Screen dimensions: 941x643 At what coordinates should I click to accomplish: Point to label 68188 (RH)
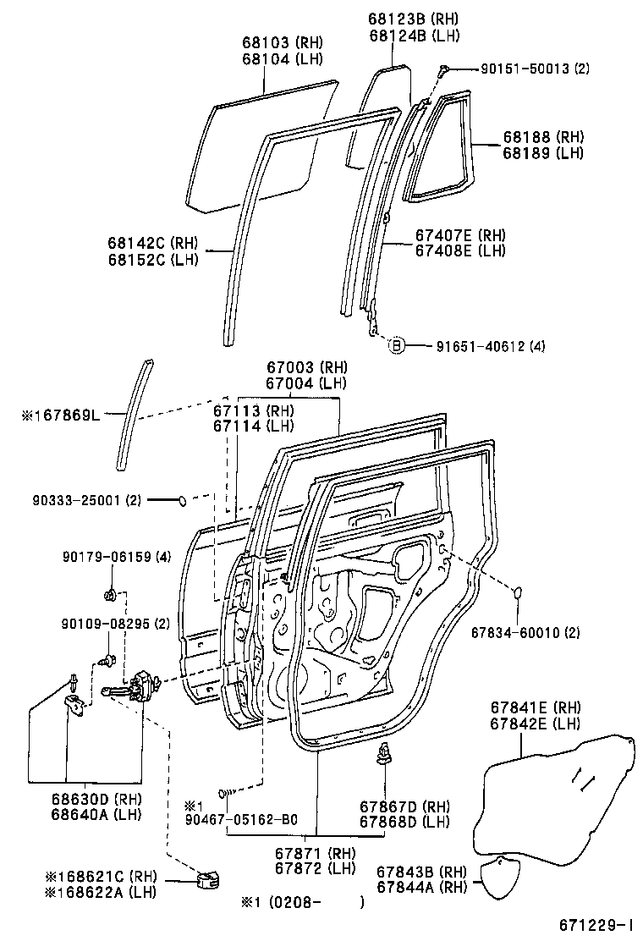544,137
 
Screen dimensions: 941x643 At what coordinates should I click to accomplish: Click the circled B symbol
395,345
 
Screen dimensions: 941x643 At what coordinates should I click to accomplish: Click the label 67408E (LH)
459,250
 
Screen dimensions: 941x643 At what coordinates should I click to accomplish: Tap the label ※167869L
62,415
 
